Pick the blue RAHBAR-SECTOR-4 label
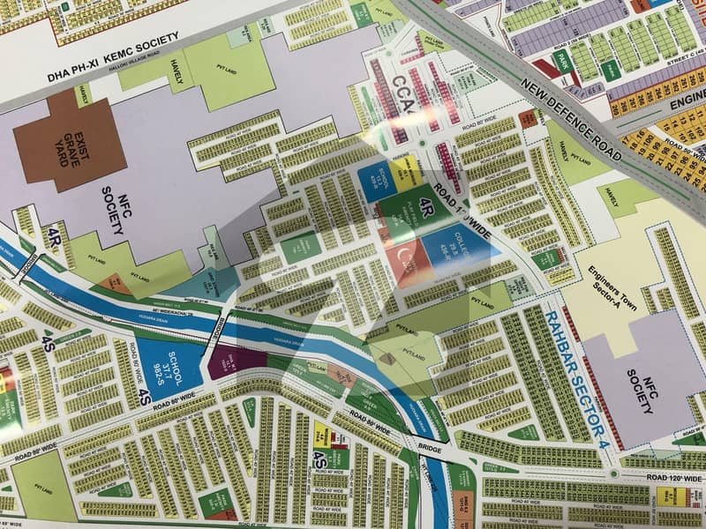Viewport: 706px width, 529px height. point(575,374)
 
